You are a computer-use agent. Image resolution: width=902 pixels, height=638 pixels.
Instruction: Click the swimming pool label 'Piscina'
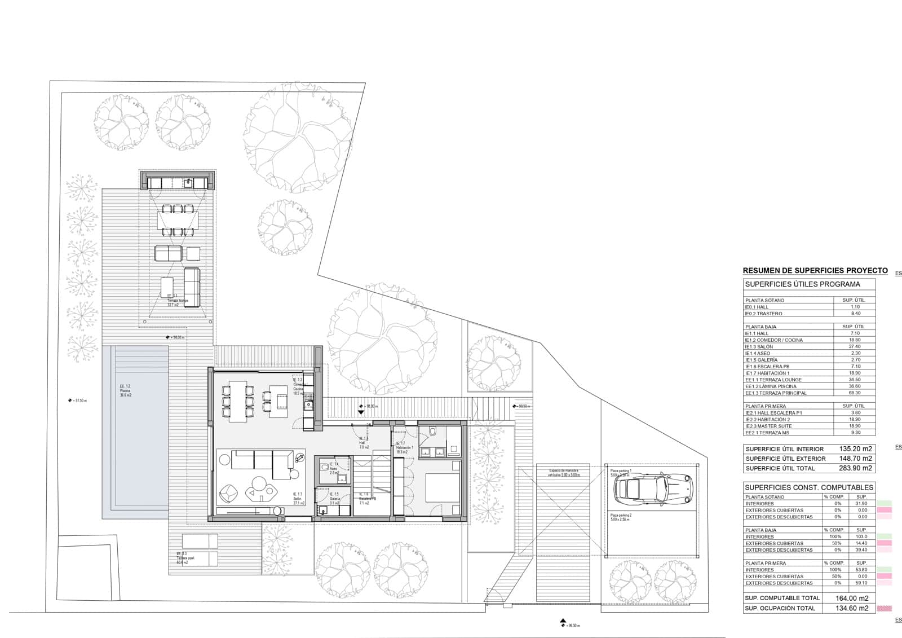pos(125,391)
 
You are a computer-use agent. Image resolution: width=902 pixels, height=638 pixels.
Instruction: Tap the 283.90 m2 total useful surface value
pos(855,468)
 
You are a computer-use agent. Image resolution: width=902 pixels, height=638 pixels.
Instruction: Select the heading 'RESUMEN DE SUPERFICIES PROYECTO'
pos(815,271)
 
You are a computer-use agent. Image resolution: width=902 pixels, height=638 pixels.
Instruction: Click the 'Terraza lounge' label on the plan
pos(177,301)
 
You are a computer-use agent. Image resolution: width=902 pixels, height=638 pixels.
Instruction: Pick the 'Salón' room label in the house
pos(298,499)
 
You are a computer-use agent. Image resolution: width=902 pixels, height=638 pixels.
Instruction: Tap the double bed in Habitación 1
pos(443,488)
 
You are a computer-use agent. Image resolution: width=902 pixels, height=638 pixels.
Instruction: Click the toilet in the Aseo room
pos(324,467)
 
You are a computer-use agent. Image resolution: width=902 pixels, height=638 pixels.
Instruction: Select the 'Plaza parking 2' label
pos(620,515)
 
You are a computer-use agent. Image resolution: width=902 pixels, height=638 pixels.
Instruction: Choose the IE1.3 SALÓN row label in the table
pos(759,347)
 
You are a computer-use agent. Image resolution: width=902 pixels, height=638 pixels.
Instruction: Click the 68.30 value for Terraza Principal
pos(855,393)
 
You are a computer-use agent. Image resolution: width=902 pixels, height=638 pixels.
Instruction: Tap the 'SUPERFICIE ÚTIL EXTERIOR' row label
pos(785,459)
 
